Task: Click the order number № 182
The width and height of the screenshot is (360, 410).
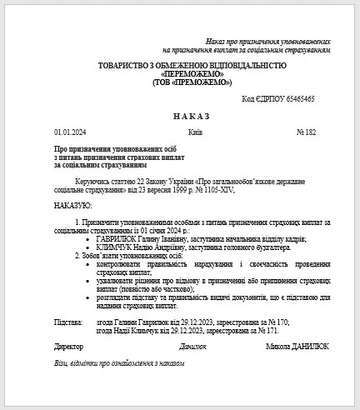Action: point(307,132)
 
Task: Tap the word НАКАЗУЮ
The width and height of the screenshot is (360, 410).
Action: point(72,204)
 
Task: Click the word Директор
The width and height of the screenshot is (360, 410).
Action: point(69,345)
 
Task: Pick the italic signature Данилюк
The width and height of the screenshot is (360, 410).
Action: point(192,345)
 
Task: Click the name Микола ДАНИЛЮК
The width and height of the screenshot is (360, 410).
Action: point(297,345)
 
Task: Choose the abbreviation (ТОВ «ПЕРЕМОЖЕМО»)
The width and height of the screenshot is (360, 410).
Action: point(192,82)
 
